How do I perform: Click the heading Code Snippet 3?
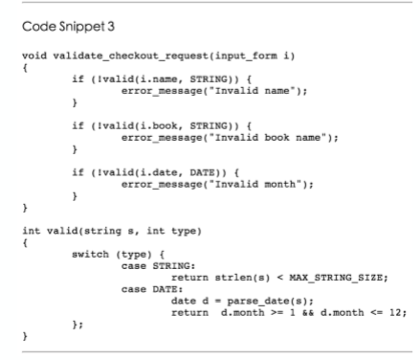click(68, 27)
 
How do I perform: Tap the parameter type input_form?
click(246, 56)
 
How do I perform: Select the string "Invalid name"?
click(253, 91)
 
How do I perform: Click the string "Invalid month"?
click(255, 185)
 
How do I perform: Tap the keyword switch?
click(91, 255)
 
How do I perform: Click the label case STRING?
click(158, 266)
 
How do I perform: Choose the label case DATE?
click(152, 289)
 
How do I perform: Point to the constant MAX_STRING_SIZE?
click(336, 278)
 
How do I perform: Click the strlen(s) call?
click(242, 278)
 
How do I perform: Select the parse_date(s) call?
click(268, 302)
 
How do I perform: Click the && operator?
click(308, 313)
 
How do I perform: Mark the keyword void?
click(34, 56)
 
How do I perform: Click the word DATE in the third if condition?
click(203, 172)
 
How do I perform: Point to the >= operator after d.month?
click(276, 313)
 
